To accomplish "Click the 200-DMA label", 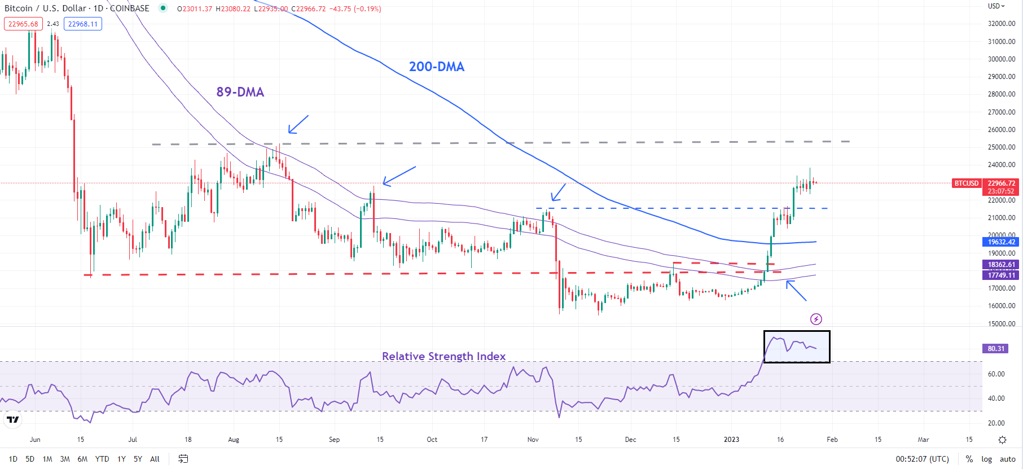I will (436, 67).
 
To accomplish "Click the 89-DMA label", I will (240, 92).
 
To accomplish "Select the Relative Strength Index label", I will (444, 356).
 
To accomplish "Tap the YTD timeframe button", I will (102, 459).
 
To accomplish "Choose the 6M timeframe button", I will (82, 459).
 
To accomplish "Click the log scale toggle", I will (986, 459).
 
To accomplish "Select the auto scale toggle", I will (1007, 459).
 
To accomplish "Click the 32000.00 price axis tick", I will (1002, 24).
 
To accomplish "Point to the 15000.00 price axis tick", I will (1002, 323).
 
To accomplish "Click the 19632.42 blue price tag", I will (1002, 242).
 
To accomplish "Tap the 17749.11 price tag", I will (1002, 275).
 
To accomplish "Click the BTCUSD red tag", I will (966, 183).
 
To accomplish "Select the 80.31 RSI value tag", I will (996, 349).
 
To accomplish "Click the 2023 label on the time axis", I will (731, 440).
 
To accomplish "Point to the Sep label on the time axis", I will (334, 440).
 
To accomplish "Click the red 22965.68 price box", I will (23, 24).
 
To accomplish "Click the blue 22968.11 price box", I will (83, 24).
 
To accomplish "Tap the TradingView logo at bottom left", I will (12, 420).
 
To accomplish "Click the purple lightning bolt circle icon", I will (816, 319).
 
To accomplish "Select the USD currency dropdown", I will (996, 6).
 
